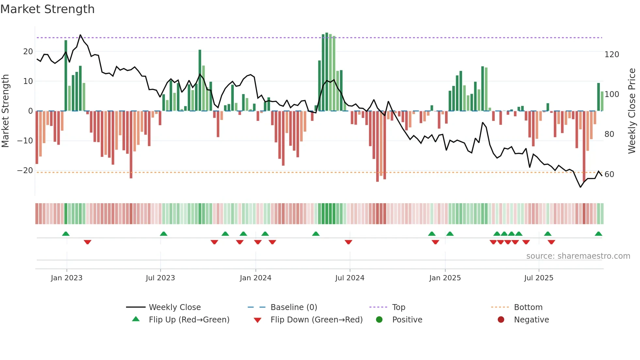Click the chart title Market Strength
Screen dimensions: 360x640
coord(47,9)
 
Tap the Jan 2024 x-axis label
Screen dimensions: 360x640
coord(255,278)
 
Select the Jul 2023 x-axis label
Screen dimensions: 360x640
coord(160,278)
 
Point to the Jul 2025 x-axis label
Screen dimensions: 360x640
coord(539,278)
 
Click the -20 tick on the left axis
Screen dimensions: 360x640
coord(25,171)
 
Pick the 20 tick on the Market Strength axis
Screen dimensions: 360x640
coord(28,52)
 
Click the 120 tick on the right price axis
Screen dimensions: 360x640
coord(612,55)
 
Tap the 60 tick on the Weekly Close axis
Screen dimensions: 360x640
coord(609,174)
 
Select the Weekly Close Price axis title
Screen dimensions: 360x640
coord(632,111)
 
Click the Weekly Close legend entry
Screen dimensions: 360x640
coord(175,307)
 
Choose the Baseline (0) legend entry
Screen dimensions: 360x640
coord(294,307)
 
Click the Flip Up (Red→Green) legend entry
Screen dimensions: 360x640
coord(189,320)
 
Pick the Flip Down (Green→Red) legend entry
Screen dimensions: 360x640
coord(316,320)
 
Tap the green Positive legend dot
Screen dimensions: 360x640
coord(379,319)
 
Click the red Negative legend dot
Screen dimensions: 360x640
coord(501,319)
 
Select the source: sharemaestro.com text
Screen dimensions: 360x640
coord(578,256)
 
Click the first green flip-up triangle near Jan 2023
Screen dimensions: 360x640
coord(66,234)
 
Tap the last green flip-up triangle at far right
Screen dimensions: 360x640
coord(599,234)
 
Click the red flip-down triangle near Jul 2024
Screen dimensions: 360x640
coord(348,242)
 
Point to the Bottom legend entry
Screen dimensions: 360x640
coord(528,307)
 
